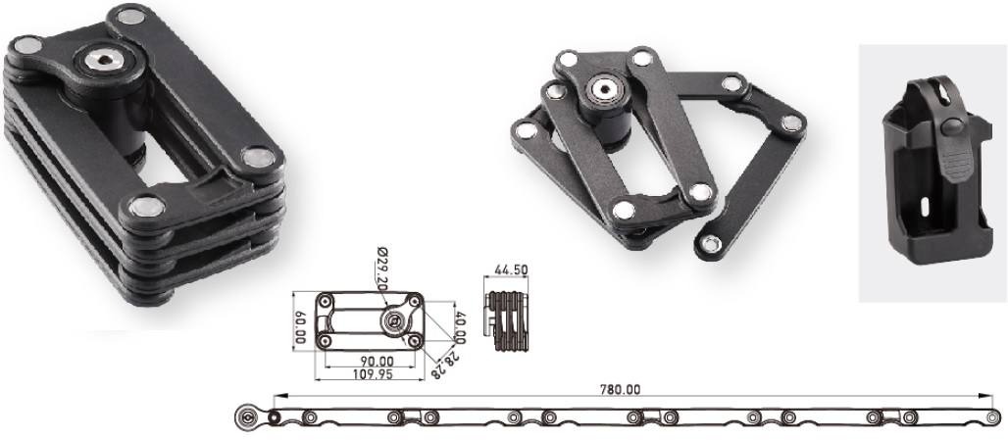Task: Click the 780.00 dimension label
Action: pos(620,389)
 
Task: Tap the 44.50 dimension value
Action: pos(511,270)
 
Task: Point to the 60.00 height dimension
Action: pos(300,327)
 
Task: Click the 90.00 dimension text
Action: pos(377,362)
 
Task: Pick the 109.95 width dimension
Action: pos(374,373)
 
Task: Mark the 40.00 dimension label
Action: pos(460,327)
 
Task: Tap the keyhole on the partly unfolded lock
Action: pos(603,88)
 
